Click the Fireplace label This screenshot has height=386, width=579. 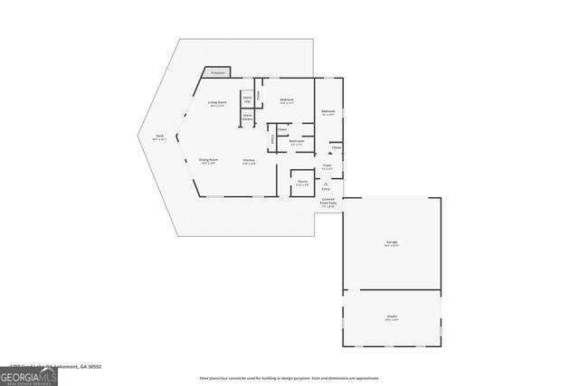click(217, 72)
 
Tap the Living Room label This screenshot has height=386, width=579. click(216, 104)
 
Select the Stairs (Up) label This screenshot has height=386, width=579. click(246, 99)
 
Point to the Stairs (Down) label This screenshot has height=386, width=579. click(247, 116)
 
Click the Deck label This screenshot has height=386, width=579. click(158, 137)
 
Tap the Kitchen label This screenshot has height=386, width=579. click(248, 161)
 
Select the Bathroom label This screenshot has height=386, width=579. click(296, 141)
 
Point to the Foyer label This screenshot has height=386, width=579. click(327, 167)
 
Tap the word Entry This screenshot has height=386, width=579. click(327, 189)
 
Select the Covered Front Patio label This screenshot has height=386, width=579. click(327, 202)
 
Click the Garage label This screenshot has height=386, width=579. click(392, 242)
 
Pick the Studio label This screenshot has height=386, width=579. click(391, 316)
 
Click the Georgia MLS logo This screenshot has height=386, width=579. click(29, 374)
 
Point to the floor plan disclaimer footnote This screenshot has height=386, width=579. click(289, 378)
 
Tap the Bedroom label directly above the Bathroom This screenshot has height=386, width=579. click(286, 99)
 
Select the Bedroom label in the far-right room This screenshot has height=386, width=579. click(327, 112)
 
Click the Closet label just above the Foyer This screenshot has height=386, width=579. click(336, 146)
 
